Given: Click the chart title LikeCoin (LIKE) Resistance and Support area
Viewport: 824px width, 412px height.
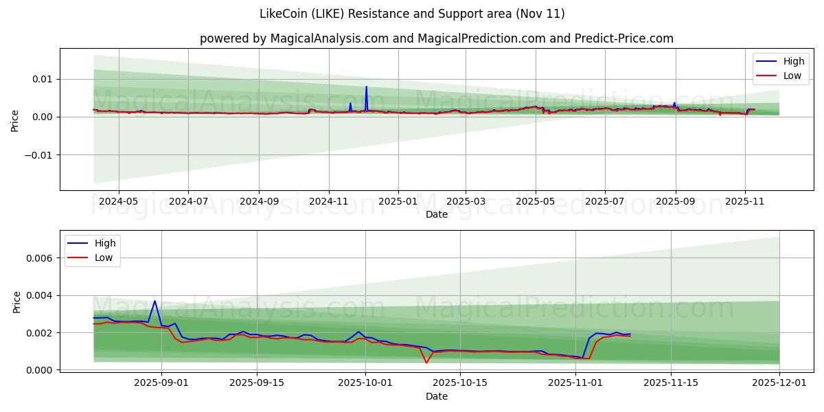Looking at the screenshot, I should pyautogui.click(x=412, y=14).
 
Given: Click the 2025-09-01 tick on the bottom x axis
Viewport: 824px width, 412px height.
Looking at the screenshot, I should pyautogui.click(x=161, y=383).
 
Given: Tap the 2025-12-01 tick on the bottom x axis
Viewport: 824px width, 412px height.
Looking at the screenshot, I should pyautogui.click(x=779, y=383).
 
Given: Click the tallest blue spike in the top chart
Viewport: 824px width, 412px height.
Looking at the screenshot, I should pyautogui.click(x=366, y=87).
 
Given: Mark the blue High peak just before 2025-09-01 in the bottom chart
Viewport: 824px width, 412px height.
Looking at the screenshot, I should pyautogui.click(x=154, y=301).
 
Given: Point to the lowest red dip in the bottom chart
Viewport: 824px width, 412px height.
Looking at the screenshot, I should pyautogui.click(x=426, y=363).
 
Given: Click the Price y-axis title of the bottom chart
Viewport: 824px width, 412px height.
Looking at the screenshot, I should pyautogui.click(x=16, y=302).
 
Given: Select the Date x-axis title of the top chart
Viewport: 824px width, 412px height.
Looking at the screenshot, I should pyautogui.click(x=437, y=214).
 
